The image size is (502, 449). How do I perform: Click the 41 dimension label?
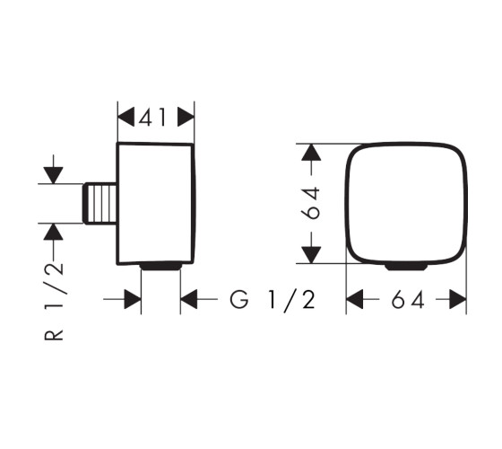tap(152, 117)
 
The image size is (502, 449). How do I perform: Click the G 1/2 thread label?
tap(273, 300)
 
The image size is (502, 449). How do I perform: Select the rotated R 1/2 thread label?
tap(54, 301)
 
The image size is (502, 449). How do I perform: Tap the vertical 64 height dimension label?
tap(310, 203)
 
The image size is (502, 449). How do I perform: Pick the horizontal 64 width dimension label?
tap(408, 300)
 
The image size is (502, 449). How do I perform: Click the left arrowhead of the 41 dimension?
tap(125, 117)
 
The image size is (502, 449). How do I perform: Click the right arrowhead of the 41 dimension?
tap(186, 117)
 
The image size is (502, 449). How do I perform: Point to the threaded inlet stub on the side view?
tap(100, 203)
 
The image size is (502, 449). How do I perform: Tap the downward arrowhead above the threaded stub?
tap(53, 175)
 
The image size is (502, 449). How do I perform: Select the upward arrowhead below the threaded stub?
tap(53, 232)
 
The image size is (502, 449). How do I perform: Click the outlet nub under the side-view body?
tap(160, 267)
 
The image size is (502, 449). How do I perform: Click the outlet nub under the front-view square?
tap(406, 267)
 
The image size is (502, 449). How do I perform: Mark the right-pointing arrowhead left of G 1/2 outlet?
tap(133, 299)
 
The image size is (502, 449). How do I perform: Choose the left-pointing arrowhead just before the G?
tap(189, 299)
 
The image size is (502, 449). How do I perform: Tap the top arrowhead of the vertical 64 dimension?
tap(311, 153)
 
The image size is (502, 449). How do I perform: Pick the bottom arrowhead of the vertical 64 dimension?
tap(311, 255)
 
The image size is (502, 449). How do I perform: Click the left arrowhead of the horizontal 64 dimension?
tap(354, 299)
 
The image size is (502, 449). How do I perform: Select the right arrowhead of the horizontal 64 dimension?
tap(458, 299)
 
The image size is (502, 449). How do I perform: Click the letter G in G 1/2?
tap(239, 300)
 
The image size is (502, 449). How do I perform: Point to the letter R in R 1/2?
tap(54, 331)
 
